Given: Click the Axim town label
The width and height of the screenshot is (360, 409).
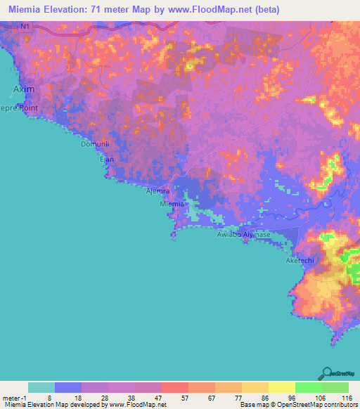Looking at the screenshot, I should pos(23,90).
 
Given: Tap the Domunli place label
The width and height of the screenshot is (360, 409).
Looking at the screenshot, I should pos(93,144).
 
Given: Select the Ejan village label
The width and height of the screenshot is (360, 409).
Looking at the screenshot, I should pos(106,160).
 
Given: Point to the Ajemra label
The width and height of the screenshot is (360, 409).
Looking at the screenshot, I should pos(157,191).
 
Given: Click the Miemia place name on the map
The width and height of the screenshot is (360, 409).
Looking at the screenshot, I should pos(172,204).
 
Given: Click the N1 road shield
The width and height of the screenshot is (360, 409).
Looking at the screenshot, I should pos(25,27).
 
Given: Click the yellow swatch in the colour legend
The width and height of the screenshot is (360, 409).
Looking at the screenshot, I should pos(281,387).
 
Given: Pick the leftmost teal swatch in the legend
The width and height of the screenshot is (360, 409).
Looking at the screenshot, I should pos(41,387).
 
